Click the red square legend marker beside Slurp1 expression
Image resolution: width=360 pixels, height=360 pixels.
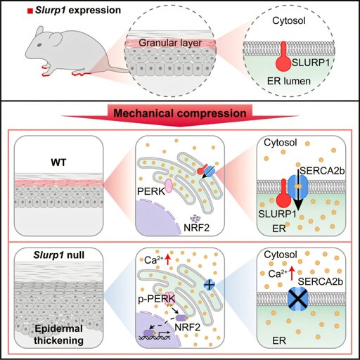pos(30,11)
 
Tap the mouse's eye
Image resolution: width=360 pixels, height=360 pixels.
pos(40,44)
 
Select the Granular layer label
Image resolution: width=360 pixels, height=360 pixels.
pos(170,43)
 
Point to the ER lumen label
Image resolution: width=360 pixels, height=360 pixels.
pos(289,81)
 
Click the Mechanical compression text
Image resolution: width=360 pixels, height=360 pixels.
pos(180,113)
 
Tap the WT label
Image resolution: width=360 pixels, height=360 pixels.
pos(58,162)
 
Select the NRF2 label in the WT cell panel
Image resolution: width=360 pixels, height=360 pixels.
pos(196,228)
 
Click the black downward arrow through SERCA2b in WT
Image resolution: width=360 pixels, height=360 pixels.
pos(297,189)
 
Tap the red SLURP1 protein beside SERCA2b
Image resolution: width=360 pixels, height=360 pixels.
pos(283,195)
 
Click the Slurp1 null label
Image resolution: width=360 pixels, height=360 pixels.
pos(59,255)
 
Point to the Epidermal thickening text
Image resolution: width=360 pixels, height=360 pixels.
pos(58,335)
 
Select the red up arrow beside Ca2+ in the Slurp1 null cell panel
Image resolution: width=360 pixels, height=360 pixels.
pos(167,259)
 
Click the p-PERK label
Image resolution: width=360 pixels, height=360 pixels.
pos(156,299)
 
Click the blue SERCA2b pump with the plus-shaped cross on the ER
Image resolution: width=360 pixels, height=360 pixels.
pos(210,285)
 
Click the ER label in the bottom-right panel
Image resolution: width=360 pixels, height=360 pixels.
pos(279,340)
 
